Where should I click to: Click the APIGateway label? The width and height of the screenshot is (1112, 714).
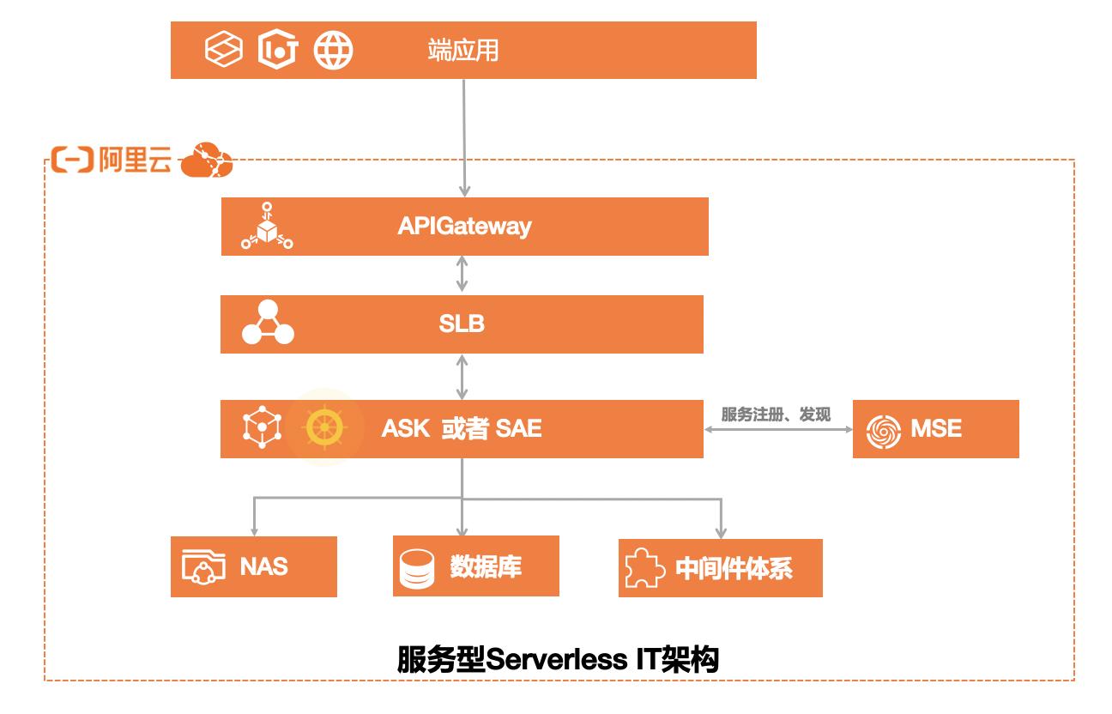pyautogui.click(x=464, y=227)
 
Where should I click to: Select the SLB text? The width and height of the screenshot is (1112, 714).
pyautogui.click(x=462, y=324)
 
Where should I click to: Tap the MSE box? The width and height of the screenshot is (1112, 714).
pyautogui.click(x=935, y=428)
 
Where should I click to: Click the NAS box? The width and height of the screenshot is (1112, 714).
pyautogui.click(x=253, y=566)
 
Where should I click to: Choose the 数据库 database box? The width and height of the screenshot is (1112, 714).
pyautogui.click(x=475, y=566)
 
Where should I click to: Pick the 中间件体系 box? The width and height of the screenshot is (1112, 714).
pyautogui.click(x=720, y=568)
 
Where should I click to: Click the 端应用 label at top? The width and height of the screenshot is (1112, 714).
pyautogui.click(x=463, y=51)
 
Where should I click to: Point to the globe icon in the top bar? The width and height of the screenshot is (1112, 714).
pyautogui.click(x=333, y=51)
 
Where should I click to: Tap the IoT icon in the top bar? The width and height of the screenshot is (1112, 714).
pyautogui.click(x=277, y=51)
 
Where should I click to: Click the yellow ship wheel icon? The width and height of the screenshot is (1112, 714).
pyautogui.click(x=324, y=427)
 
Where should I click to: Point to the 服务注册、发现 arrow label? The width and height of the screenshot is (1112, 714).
pyautogui.click(x=776, y=415)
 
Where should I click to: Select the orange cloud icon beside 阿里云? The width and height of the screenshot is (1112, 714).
pyautogui.click(x=207, y=160)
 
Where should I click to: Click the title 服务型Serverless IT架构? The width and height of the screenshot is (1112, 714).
pyautogui.click(x=558, y=660)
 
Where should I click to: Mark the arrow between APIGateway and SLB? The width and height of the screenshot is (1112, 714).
pyautogui.click(x=463, y=275)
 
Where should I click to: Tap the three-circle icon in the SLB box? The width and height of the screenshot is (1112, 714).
pyautogui.click(x=267, y=323)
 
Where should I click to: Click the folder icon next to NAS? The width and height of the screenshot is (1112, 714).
pyautogui.click(x=203, y=567)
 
